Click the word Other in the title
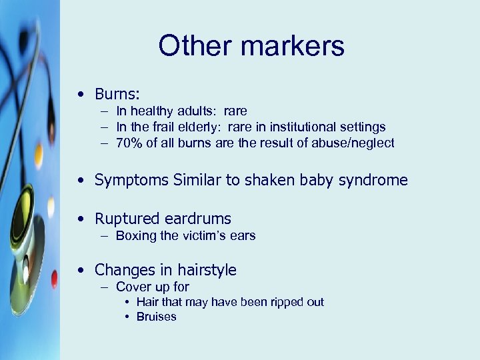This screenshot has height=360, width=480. pos(193,46)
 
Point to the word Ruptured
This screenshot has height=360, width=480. pos(127,219)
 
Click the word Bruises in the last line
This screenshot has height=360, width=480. pos(157,317)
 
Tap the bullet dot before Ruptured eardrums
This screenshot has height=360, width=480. pos(80,219)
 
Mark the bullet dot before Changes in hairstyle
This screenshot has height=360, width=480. pos(80,270)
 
